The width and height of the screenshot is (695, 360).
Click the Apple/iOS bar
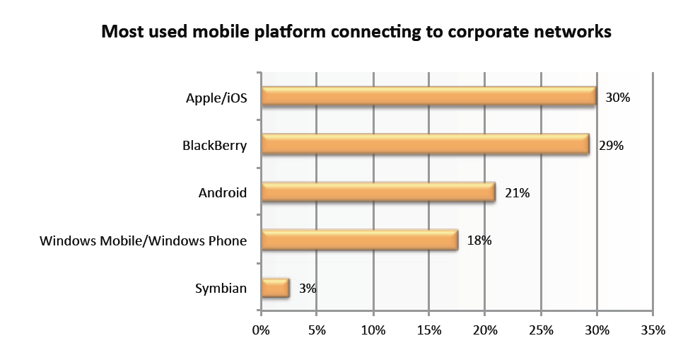click(x=428, y=96)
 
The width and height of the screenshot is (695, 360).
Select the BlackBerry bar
click(x=425, y=144)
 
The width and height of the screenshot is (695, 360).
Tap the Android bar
click(x=378, y=192)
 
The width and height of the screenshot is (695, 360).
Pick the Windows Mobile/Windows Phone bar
click(x=360, y=240)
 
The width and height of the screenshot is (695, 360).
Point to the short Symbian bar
click(x=276, y=288)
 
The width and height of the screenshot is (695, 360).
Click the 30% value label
click(x=617, y=98)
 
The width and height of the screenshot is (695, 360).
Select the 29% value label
click(x=611, y=146)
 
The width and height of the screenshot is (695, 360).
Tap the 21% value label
click(x=518, y=192)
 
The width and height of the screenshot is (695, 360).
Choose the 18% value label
click(x=479, y=240)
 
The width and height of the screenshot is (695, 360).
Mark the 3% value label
click(x=307, y=289)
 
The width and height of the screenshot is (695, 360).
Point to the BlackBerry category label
click(x=214, y=146)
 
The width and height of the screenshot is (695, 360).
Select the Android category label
click(x=222, y=192)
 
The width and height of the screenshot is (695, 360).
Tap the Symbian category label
click(x=221, y=289)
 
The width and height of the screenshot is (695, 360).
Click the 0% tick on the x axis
click(x=262, y=330)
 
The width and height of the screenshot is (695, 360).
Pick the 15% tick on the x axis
click(x=429, y=330)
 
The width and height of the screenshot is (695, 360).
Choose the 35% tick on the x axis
click(x=653, y=330)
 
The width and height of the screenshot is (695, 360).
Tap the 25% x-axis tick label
click(x=541, y=330)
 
